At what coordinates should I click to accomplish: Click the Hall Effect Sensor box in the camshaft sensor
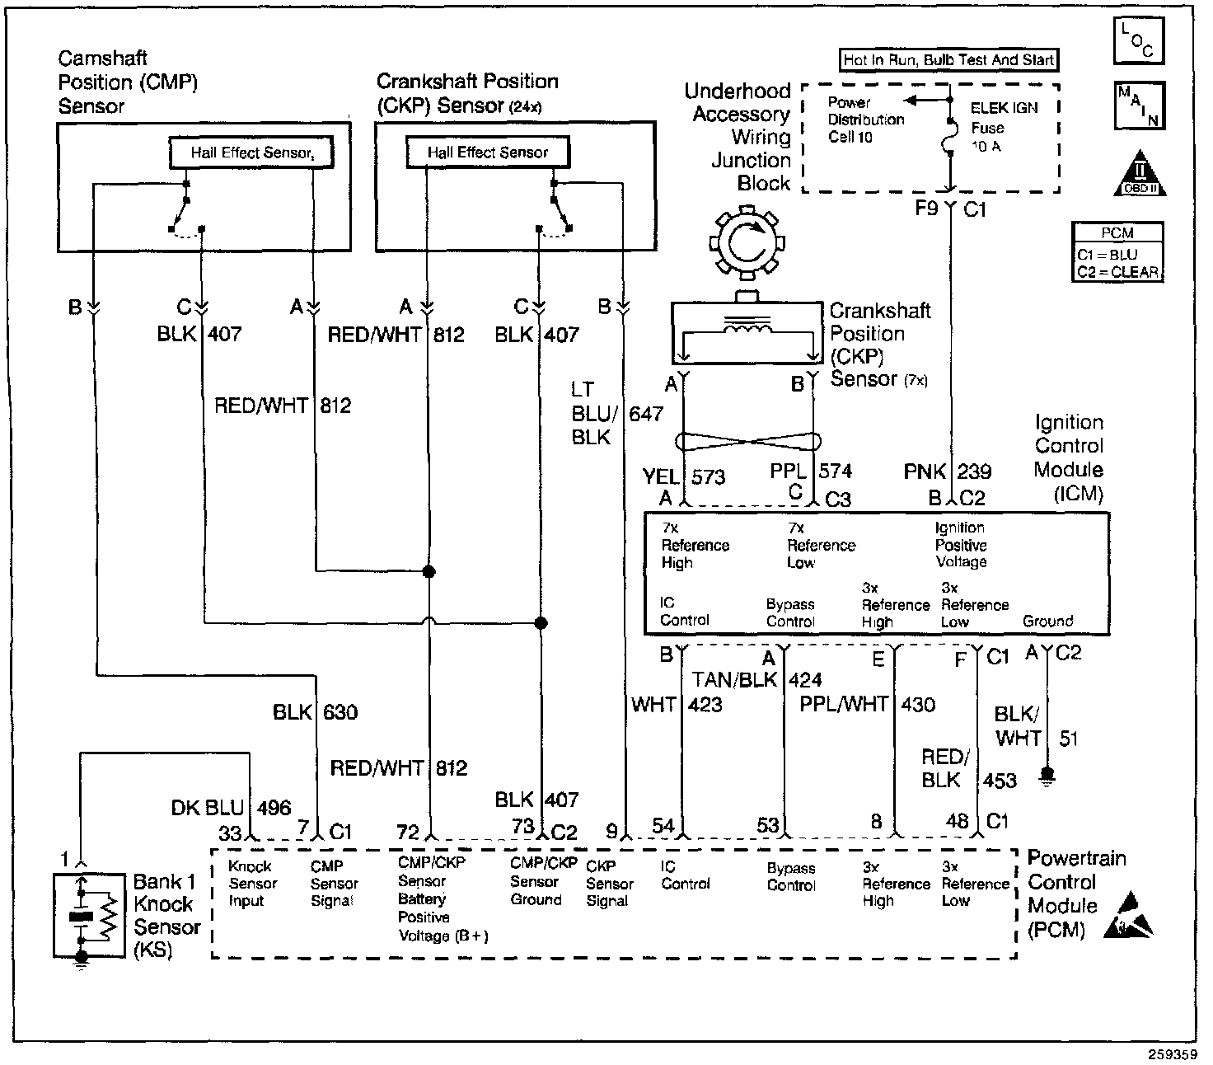point(251,152)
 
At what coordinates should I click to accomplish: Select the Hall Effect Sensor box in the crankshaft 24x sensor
point(488,152)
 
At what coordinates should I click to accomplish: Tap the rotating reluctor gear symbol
point(748,243)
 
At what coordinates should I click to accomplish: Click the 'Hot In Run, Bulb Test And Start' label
point(948,60)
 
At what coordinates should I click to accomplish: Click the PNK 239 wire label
point(948,472)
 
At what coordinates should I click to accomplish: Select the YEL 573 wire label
point(683,476)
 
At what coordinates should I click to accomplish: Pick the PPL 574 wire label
point(811,471)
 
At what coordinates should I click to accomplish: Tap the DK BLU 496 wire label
point(232,809)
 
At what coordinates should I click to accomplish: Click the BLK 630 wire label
point(316,712)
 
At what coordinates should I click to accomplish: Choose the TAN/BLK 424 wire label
point(756,680)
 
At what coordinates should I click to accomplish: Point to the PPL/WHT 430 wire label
point(868,705)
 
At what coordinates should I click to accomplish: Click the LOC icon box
point(1138,40)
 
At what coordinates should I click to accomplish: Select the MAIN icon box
point(1138,106)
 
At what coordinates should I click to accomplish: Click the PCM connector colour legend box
point(1118,252)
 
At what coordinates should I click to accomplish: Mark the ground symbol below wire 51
point(1047,776)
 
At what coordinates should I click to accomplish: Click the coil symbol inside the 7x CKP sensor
point(747,328)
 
